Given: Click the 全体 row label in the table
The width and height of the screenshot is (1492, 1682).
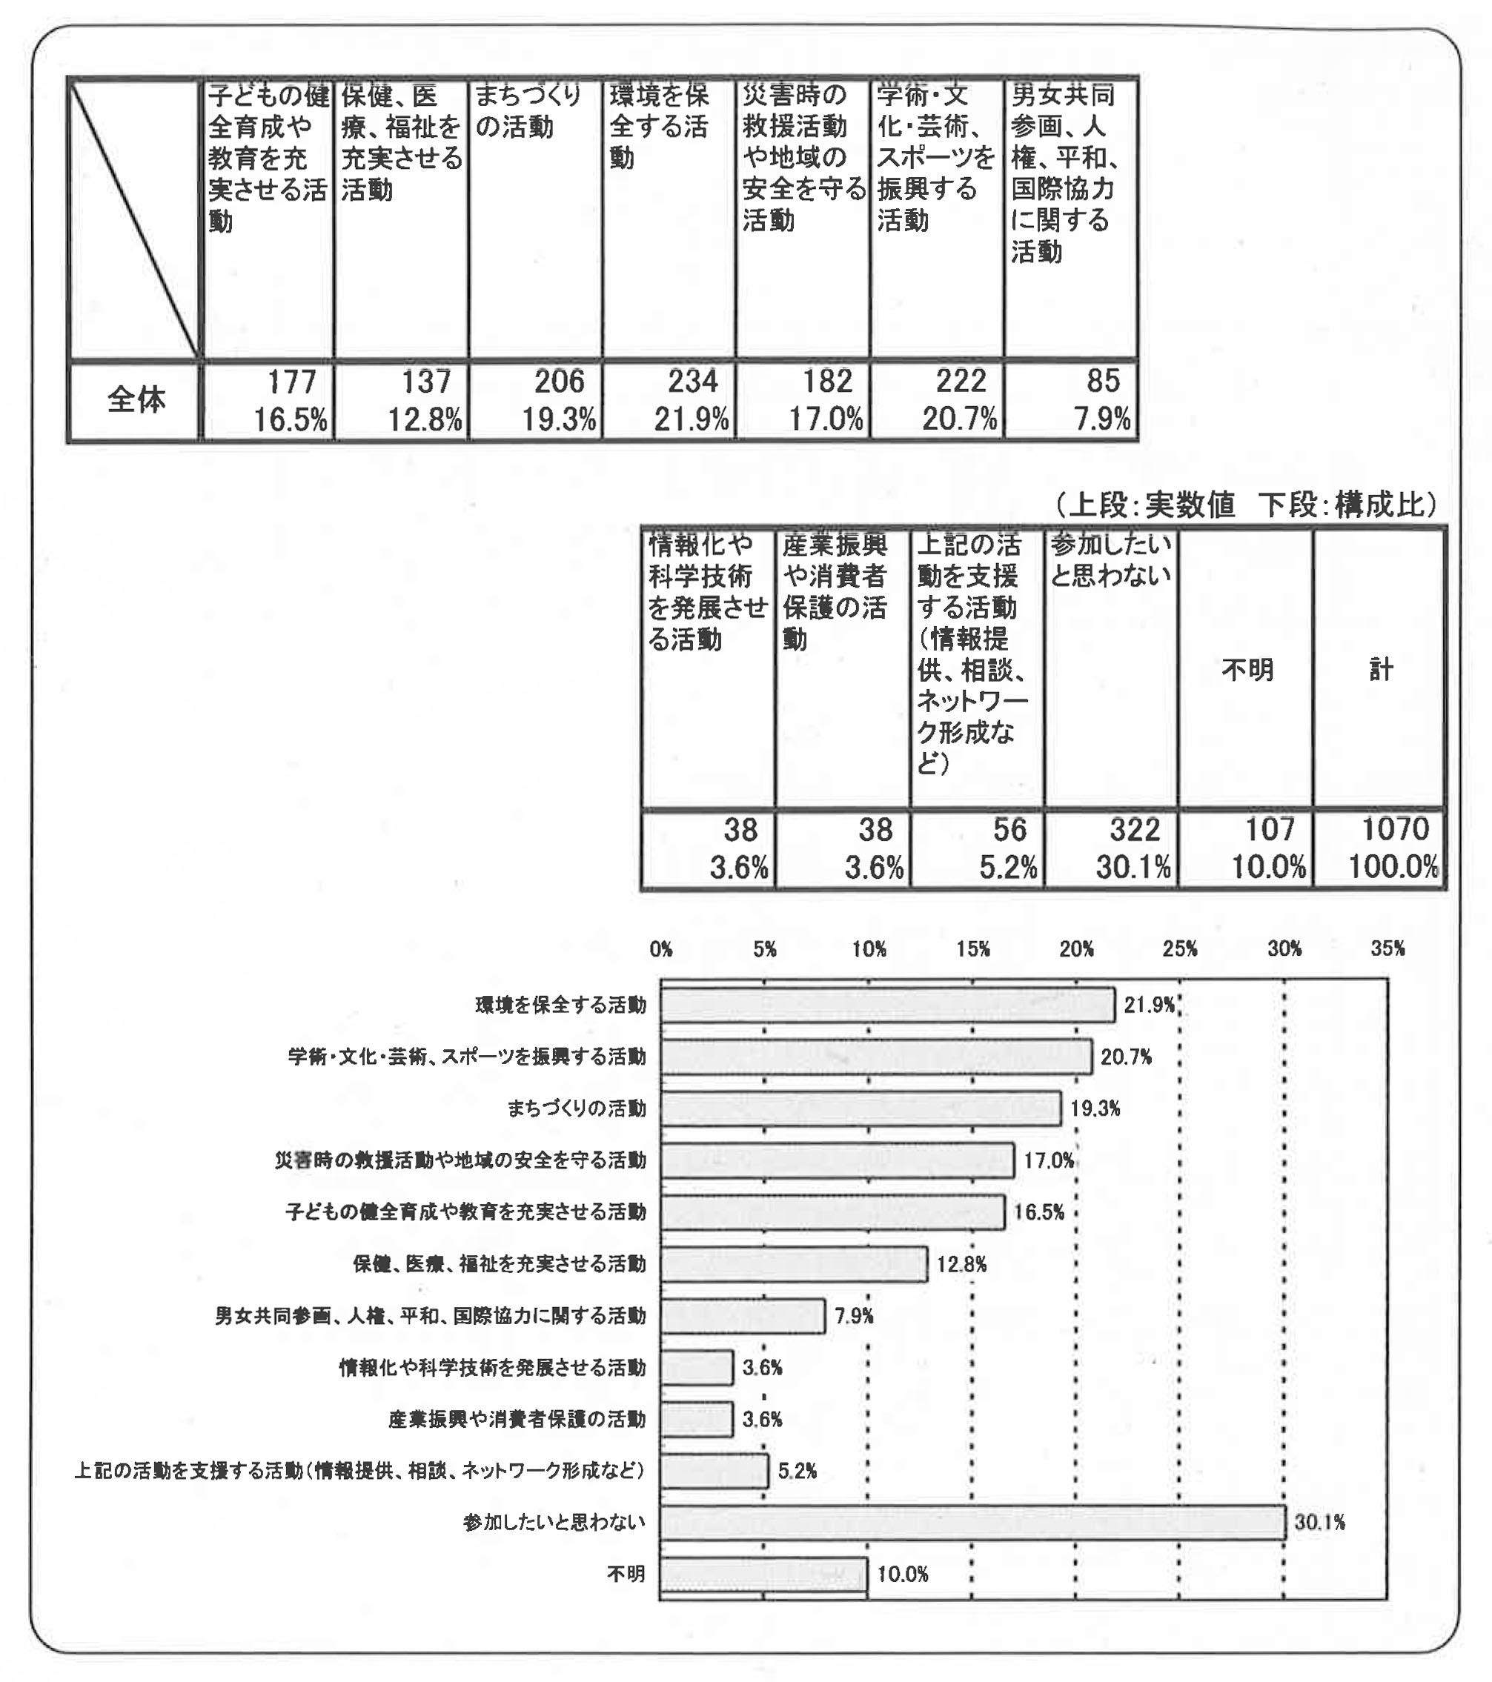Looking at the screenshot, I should click(136, 401).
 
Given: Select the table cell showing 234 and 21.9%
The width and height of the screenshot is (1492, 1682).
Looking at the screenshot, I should click(669, 401).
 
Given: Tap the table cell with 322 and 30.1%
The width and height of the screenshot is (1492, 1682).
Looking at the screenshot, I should click(1111, 848).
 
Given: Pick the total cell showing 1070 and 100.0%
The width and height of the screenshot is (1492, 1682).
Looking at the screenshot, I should click(1379, 848).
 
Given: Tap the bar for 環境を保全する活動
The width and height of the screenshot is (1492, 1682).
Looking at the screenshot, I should click(887, 1005).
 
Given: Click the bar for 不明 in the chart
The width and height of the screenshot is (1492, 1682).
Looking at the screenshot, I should click(763, 1575).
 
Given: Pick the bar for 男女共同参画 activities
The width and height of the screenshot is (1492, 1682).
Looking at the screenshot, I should click(743, 1316).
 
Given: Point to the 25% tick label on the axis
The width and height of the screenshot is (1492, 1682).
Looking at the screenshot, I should click(1179, 948).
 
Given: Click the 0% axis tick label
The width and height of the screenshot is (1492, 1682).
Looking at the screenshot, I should click(661, 948).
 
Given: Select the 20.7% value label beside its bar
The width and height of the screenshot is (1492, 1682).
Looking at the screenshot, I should click(1126, 1057).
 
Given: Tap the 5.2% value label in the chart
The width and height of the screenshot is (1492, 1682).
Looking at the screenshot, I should click(797, 1471).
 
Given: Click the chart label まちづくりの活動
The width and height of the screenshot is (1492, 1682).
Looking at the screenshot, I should click(576, 1108).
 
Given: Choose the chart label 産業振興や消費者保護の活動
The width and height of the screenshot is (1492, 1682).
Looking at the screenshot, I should click(517, 1420).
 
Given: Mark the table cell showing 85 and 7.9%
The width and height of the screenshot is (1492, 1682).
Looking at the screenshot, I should click(1071, 401).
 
